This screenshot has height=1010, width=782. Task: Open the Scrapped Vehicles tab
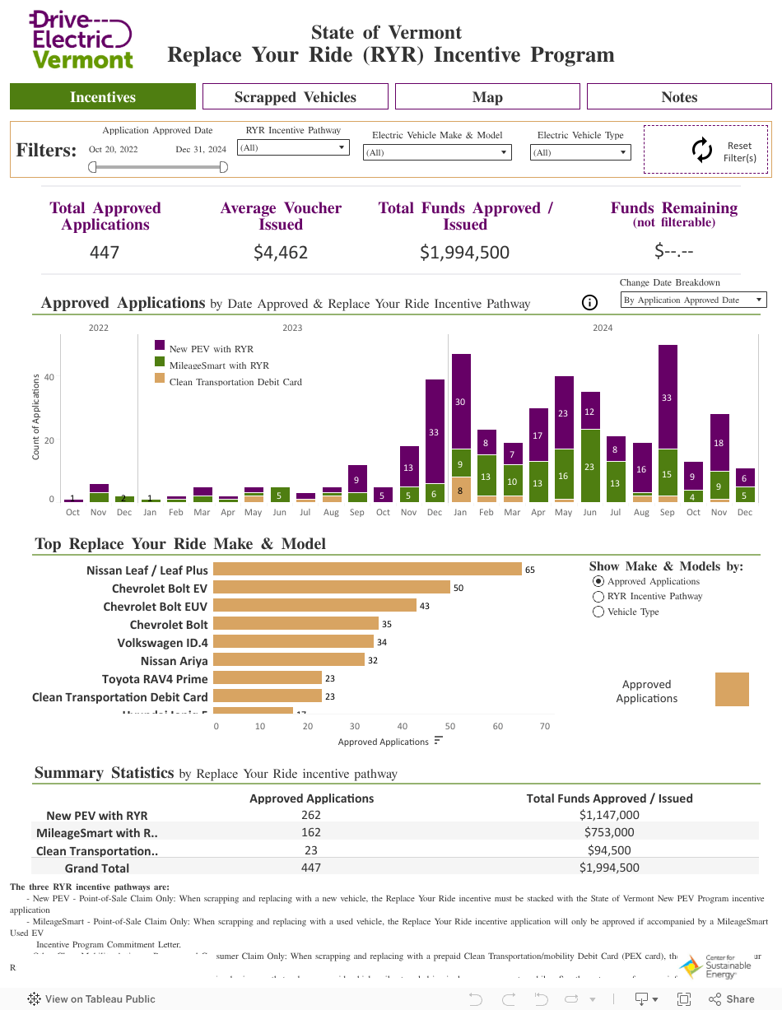click(295, 97)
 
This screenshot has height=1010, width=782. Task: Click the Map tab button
click(487, 97)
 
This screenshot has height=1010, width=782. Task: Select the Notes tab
click(679, 97)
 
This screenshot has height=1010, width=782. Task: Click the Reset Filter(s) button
click(705, 151)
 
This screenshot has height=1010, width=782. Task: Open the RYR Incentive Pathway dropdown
click(293, 148)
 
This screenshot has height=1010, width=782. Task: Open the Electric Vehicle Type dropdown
click(580, 152)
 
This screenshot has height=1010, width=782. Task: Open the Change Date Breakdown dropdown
click(693, 300)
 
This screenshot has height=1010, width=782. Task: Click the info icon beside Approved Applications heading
click(589, 303)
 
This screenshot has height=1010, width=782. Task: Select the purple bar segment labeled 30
click(461, 402)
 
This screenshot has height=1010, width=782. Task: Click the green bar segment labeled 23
click(589, 466)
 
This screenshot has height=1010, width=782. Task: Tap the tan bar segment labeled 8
click(461, 490)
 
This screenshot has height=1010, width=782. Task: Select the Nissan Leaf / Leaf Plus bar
click(367, 570)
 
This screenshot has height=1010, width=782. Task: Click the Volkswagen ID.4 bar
click(293, 642)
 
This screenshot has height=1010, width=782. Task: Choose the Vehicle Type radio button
click(599, 612)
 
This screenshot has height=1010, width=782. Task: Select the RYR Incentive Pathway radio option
click(599, 596)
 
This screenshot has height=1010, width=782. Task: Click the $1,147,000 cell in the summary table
click(609, 816)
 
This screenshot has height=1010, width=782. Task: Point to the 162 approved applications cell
click(311, 833)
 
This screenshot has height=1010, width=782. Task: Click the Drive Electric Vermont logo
click(81, 40)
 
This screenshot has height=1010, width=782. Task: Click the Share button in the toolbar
click(731, 999)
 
